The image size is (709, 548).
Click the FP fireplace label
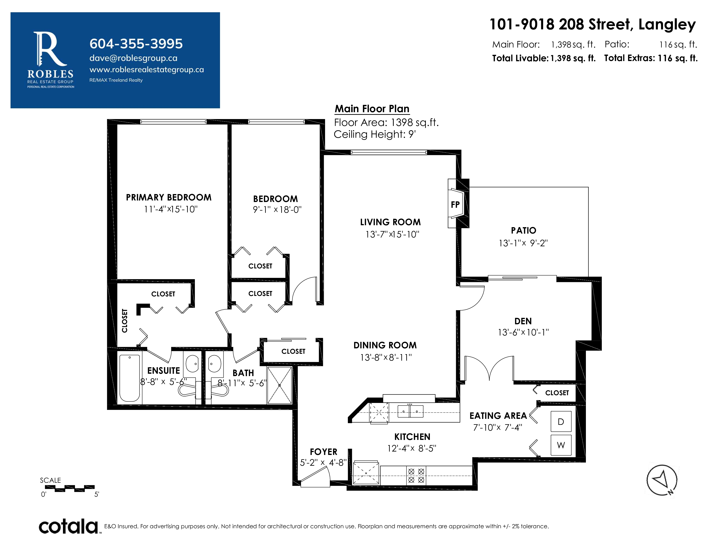(x=455, y=205)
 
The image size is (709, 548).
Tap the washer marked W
(x=561, y=445)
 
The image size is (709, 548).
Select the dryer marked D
(x=561, y=422)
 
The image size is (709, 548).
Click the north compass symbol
(x=662, y=480)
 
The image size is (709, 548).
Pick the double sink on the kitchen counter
(x=410, y=411)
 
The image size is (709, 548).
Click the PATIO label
(x=523, y=231)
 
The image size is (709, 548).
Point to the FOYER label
(x=323, y=452)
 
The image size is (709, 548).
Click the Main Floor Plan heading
(x=372, y=109)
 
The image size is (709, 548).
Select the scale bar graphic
(x=69, y=488)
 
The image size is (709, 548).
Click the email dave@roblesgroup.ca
(x=133, y=58)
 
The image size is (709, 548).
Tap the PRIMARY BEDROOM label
(x=168, y=197)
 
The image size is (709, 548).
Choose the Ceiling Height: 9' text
(x=375, y=134)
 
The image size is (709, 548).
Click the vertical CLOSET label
(x=124, y=321)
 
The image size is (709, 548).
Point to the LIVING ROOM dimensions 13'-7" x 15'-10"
(x=392, y=234)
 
